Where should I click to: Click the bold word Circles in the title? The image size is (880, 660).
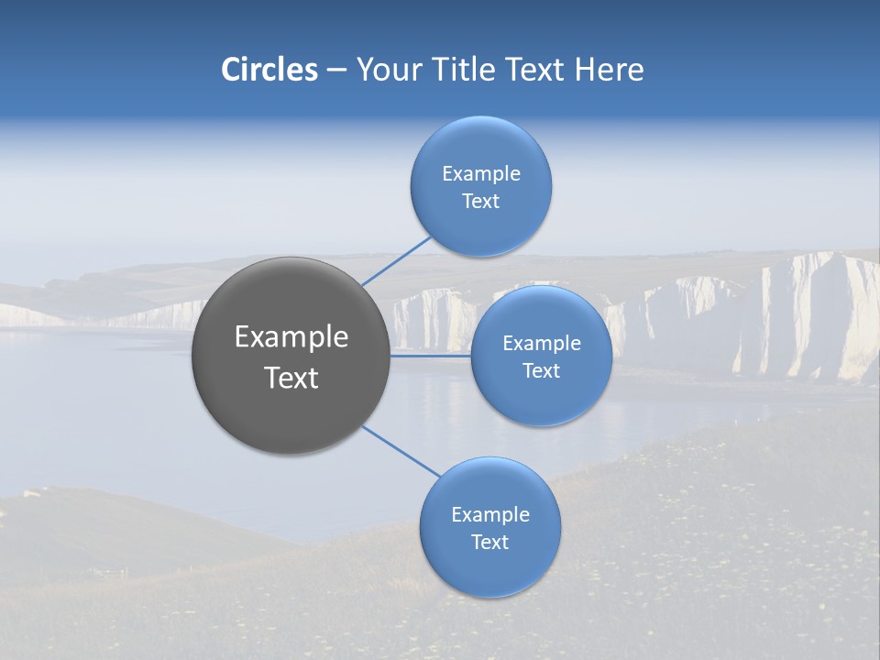point(269,70)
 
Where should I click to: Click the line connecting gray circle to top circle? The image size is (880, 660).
point(397,260)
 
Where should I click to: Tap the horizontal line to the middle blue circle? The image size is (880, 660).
point(430,356)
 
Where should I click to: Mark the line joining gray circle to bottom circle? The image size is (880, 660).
point(401,451)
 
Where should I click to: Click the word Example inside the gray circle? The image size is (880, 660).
point(291,337)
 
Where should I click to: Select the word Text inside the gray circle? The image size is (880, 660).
point(291,378)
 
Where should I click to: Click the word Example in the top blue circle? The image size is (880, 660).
point(481,173)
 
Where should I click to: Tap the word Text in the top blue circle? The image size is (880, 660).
point(481,201)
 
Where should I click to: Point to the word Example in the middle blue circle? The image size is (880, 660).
point(542,343)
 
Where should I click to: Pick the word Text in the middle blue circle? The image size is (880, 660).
point(542,370)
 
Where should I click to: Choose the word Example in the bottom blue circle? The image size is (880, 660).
point(490,514)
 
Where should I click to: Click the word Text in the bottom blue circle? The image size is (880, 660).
point(490,542)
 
